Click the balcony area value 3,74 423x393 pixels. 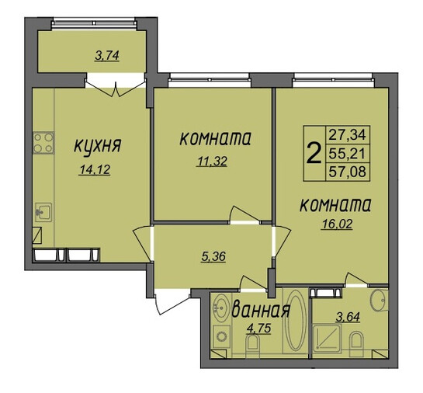107,56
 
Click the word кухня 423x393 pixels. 97,146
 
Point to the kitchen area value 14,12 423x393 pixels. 95,170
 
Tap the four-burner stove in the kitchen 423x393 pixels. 43,143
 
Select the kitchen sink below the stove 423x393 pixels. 43,213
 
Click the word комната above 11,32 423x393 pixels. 215,139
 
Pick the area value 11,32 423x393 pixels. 213,162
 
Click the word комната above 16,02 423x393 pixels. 335,205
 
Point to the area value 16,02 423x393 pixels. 336,224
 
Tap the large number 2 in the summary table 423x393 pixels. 314,153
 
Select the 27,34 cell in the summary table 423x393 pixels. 347,134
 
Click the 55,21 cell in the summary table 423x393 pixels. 347,154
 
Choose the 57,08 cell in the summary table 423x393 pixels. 347,172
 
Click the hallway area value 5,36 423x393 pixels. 213,256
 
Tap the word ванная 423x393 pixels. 261,310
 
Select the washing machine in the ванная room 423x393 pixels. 222,336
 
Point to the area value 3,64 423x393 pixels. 348,317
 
